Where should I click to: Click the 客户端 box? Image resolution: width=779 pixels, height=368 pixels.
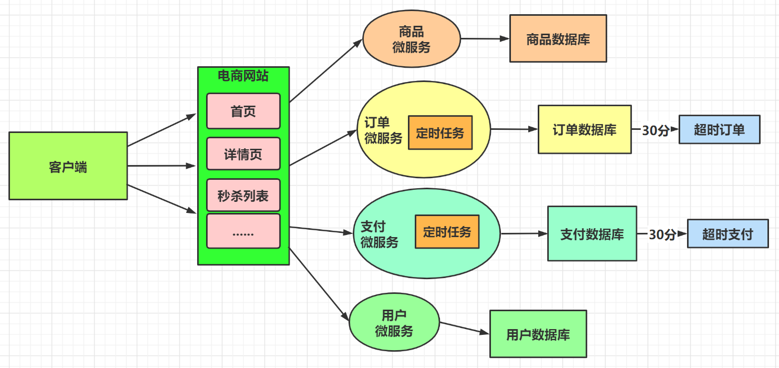click(x=68, y=166)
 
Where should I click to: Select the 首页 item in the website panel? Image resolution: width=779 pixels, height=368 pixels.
click(x=243, y=111)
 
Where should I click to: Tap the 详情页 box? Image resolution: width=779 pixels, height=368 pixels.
click(x=243, y=154)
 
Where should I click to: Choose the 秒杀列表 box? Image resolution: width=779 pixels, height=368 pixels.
click(x=243, y=196)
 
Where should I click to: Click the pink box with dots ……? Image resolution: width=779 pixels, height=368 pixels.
click(x=243, y=231)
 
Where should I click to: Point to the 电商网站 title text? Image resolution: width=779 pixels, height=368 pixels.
click(x=243, y=76)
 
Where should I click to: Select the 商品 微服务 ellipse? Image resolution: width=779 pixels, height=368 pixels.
click(x=411, y=39)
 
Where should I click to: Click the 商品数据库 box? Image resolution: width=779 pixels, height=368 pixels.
click(x=558, y=38)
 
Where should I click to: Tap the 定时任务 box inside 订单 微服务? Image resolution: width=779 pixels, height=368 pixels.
click(x=440, y=132)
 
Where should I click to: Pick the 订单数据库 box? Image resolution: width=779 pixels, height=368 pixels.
click(x=585, y=129)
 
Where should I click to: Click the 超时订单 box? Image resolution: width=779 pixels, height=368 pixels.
click(x=719, y=129)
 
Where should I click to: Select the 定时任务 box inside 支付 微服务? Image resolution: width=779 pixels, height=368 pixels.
click(x=447, y=231)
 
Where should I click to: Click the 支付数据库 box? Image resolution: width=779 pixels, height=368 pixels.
click(x=592, y=233)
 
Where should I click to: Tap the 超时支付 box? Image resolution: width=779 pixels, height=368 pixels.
click(x=727, y=234)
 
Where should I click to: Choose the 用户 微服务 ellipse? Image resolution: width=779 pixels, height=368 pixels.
click(x=394, y=323)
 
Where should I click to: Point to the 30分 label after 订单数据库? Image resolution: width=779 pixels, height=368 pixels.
click(x=655, y=130)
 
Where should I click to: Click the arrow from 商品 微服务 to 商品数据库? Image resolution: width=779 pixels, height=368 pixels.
click(x=485, y=38)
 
